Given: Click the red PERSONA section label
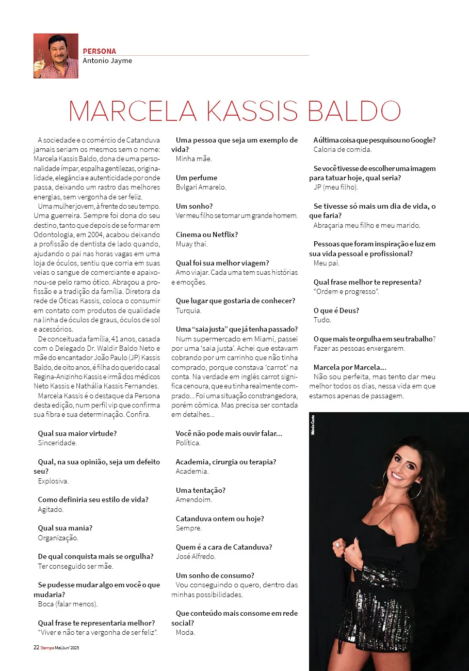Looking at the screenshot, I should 100,51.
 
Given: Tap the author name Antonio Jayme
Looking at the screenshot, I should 107,60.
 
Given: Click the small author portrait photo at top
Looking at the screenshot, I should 56,56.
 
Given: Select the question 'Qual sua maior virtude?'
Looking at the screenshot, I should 77,433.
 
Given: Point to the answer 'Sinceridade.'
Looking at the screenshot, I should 57,443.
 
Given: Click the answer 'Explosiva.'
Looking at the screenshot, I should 53,481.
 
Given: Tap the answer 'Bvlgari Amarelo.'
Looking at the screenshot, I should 201,187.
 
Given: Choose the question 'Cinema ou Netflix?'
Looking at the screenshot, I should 207,235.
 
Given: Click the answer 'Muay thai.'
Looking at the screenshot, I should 191,244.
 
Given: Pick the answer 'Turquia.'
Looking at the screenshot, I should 188,310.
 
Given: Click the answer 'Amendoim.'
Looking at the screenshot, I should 194,500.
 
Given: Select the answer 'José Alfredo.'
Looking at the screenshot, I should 196,556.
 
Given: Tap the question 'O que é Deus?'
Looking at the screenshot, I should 336,310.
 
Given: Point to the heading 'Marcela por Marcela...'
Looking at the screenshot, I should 350,367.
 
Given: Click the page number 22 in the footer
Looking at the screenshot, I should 36,647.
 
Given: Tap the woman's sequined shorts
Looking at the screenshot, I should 377,615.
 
